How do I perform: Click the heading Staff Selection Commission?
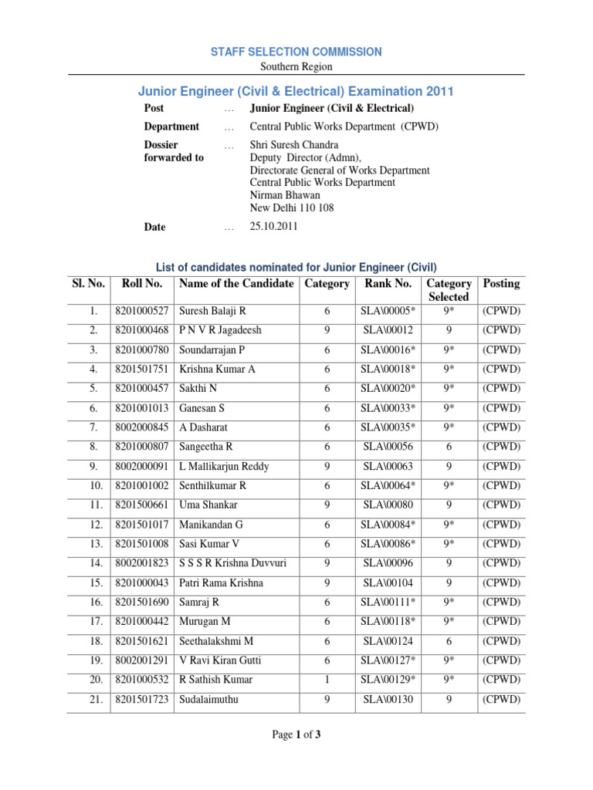296,52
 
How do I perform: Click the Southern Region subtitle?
296,66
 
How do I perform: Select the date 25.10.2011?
273,227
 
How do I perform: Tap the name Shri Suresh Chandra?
294,145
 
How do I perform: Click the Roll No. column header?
142,284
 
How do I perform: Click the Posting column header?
501,284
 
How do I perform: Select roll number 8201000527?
142,312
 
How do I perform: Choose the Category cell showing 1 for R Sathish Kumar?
327,680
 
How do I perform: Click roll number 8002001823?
142,563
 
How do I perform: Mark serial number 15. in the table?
96,583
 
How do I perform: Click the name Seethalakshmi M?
216,641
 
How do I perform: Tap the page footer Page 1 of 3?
296,735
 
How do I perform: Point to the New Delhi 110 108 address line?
292,208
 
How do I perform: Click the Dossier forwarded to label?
174,151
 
